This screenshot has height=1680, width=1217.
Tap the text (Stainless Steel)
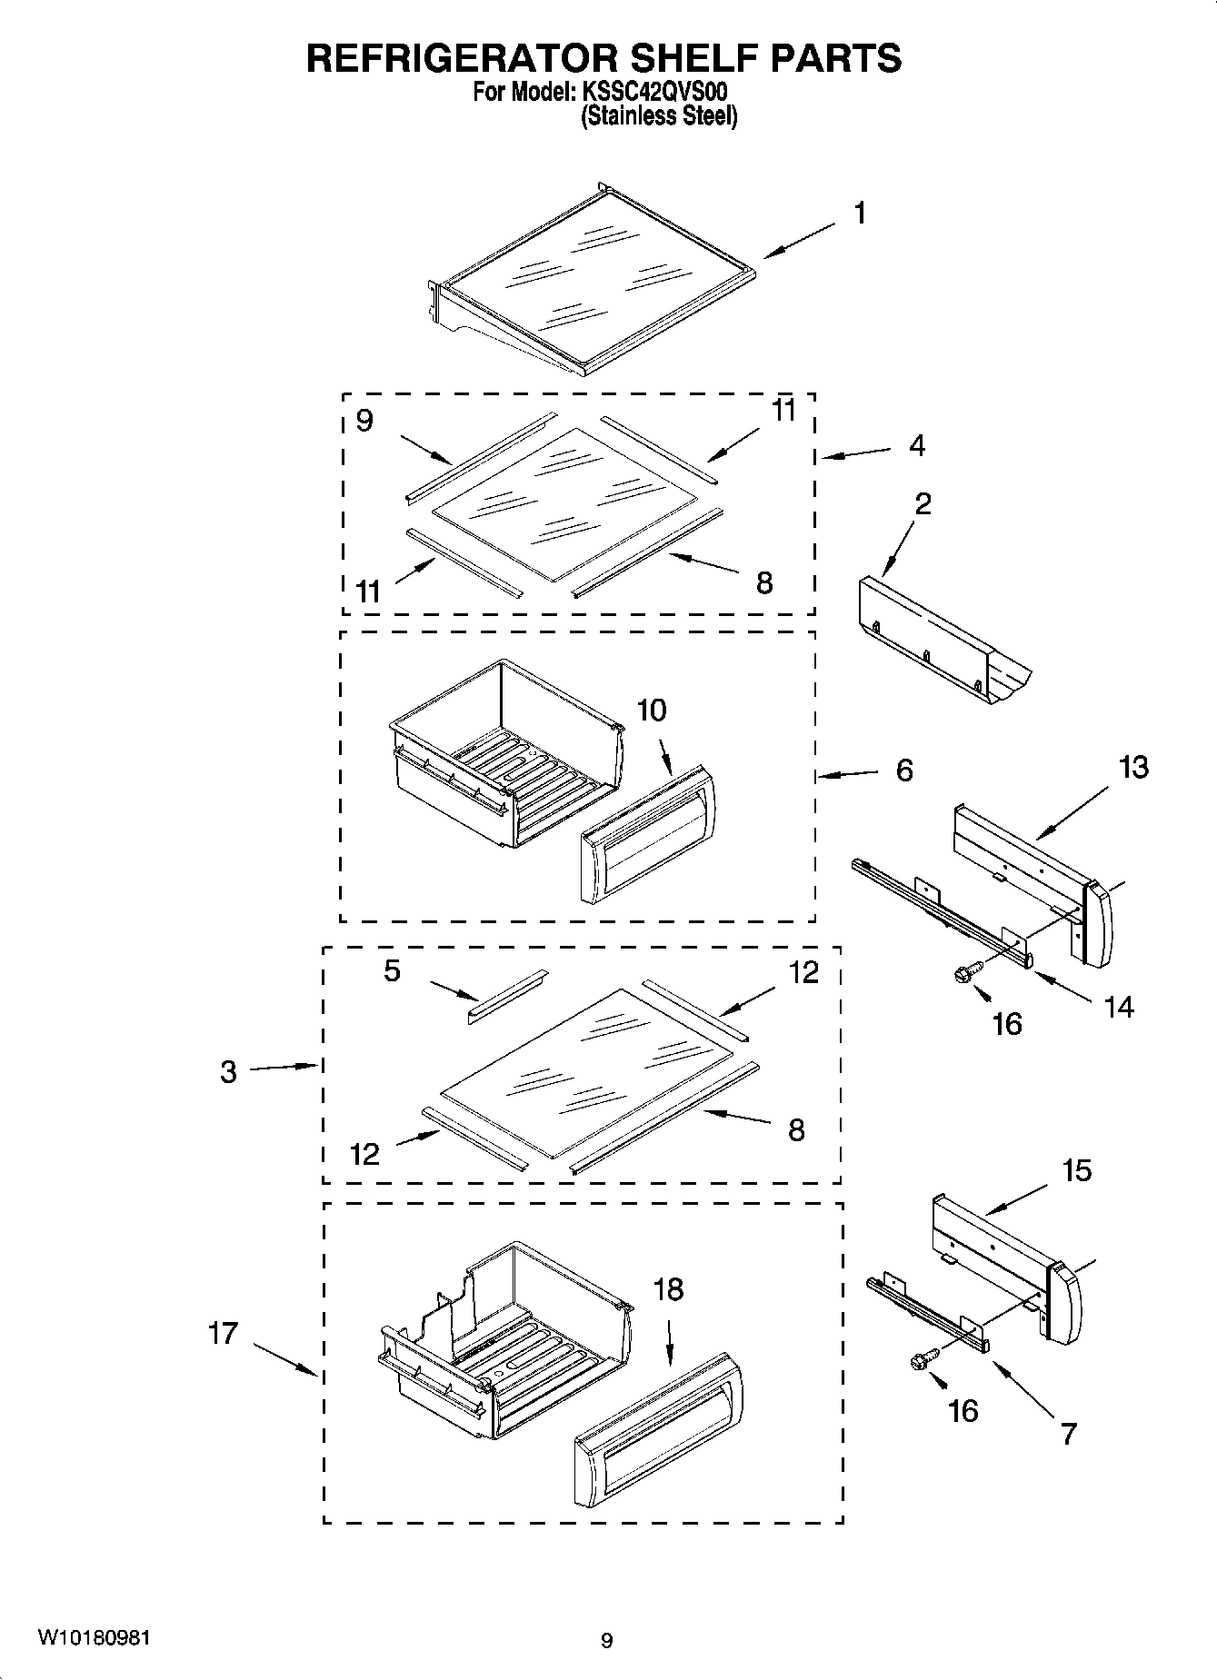point(659,116)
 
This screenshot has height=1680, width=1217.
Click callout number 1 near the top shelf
point(859,214)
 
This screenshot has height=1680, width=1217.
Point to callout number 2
point(923,503)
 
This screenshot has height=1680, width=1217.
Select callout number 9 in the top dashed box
point(364,421)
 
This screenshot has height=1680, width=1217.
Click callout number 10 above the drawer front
point(651,710)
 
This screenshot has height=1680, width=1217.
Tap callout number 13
point(1133,767)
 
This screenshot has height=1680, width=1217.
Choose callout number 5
point(391,970)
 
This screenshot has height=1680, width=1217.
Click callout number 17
point(223,1334)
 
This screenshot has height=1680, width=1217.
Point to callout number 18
point(668,1289)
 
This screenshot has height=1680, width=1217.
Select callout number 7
point(1068,1434)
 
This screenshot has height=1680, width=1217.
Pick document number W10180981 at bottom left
point(94,1637)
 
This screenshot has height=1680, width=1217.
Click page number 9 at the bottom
point(607,1640)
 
